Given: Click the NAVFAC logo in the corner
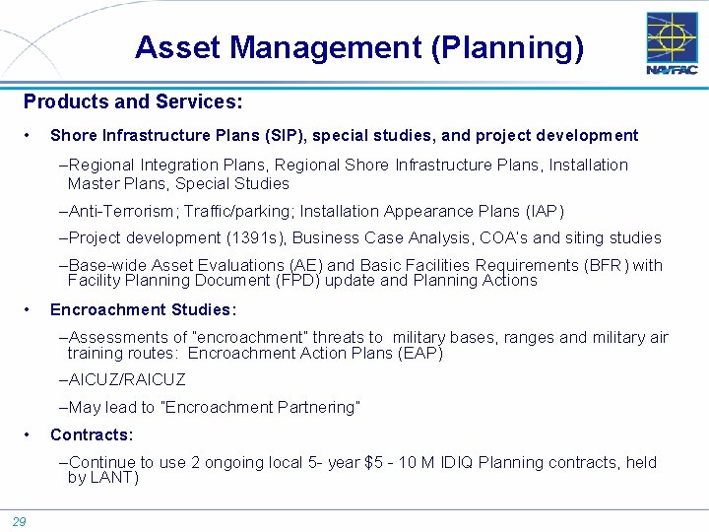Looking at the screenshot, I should click(x=672, y=43).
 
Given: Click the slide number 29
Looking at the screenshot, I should click(x=20, y=521).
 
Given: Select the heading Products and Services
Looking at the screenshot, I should click(x=133, y=101).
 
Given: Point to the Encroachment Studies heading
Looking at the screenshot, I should click(x=143, y=309).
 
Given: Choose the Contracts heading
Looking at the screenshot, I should click(x=92, y=434).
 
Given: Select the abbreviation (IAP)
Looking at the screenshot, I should click(x=545, y=211).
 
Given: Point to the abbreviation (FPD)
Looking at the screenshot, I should click(x=294, y=280).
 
